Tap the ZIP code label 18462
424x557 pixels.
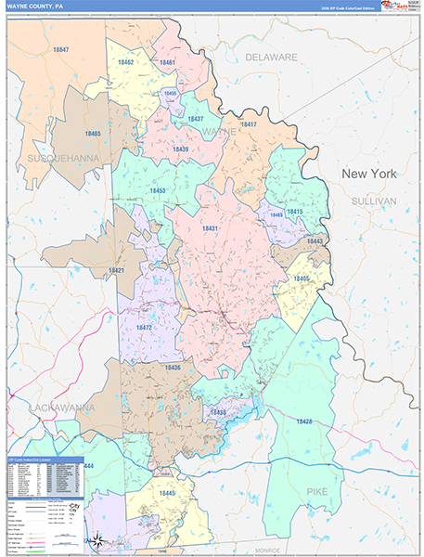(x=127, y=62)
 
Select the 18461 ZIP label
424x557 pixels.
(x=167, y=62)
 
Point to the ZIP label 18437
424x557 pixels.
(x=195, y=120)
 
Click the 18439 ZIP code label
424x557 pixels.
(x=180, y=149)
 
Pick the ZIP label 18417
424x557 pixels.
(x=248, y=124)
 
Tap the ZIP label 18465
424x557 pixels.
(x=92, y=134)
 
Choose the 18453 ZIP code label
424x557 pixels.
(x=157, y=191)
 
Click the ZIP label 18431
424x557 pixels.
(x=210, y=228)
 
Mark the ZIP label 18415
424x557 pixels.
(x=295, y=212)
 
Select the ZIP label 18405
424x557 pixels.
(x=302, y=278)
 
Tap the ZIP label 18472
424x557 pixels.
(x=145, y=327)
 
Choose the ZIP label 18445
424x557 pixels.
(x=167, y=493)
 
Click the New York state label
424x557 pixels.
(x=368, y=174)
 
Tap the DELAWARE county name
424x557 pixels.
(x=271, y=57)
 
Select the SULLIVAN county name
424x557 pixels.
(x=373, y=201)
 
